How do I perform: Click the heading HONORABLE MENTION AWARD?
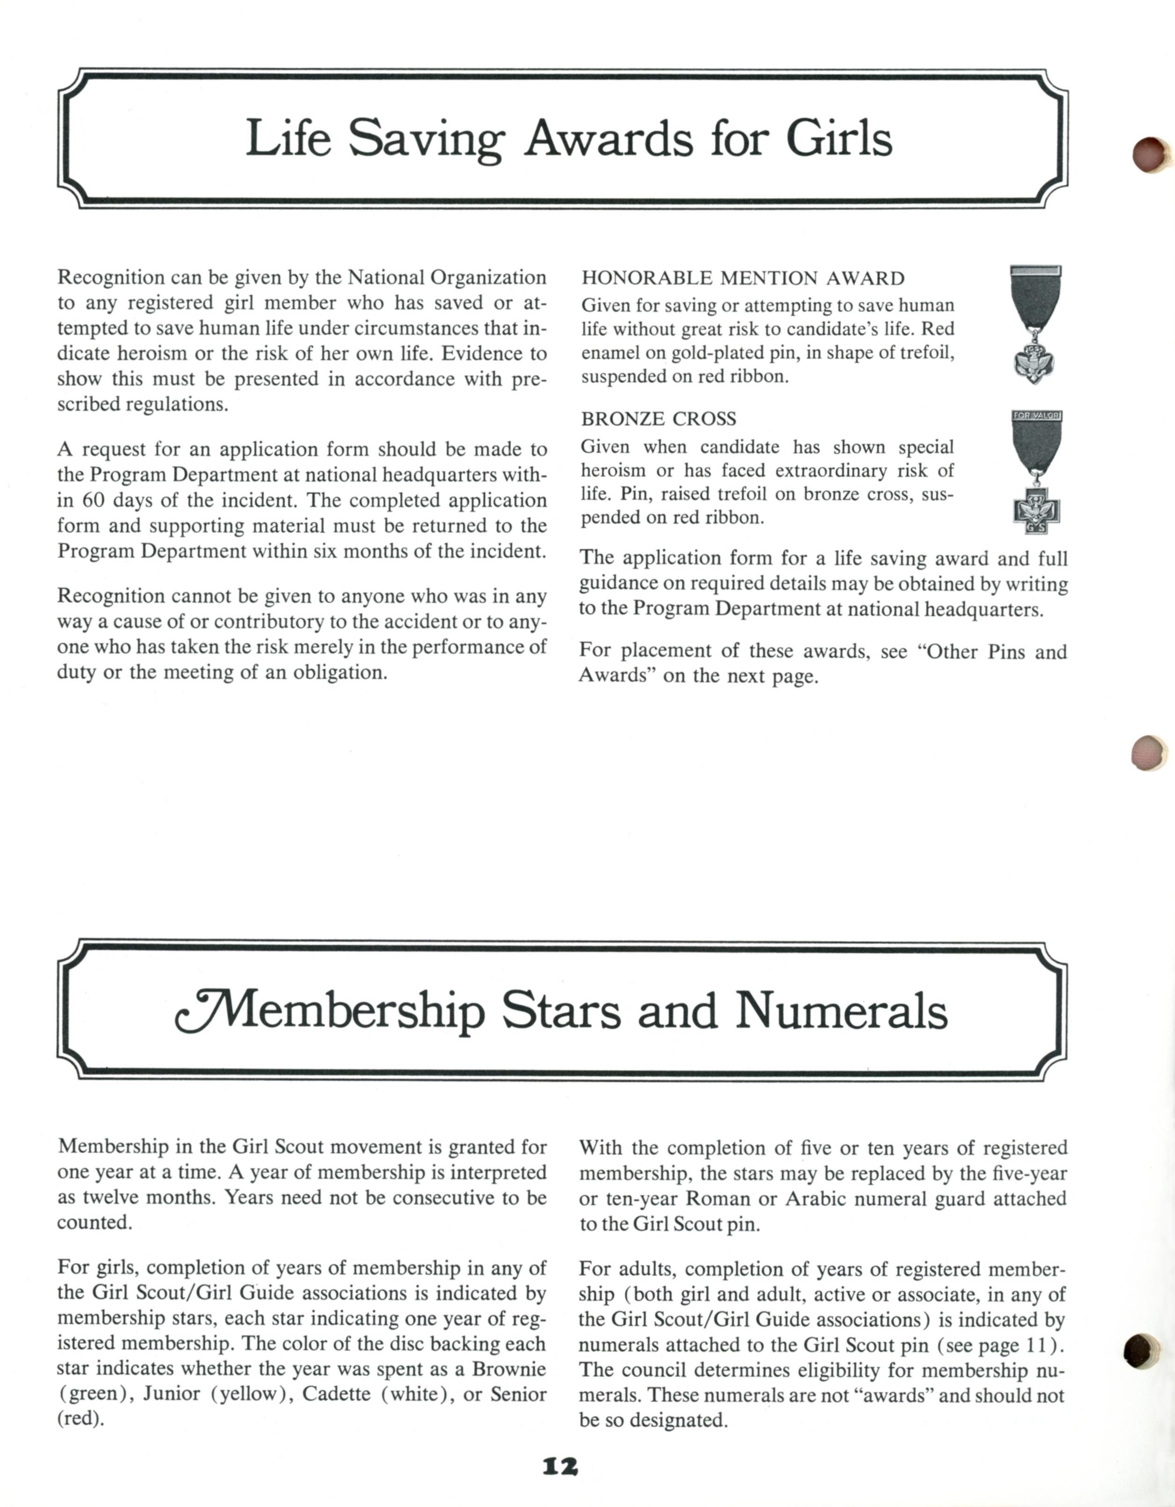tap(742, 278)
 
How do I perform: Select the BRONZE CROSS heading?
tap(658, 419)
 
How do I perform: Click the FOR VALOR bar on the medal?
tap(1036, 416)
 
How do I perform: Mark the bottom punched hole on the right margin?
tap(1141, 1351)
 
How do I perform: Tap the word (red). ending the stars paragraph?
tap(80, 1419)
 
